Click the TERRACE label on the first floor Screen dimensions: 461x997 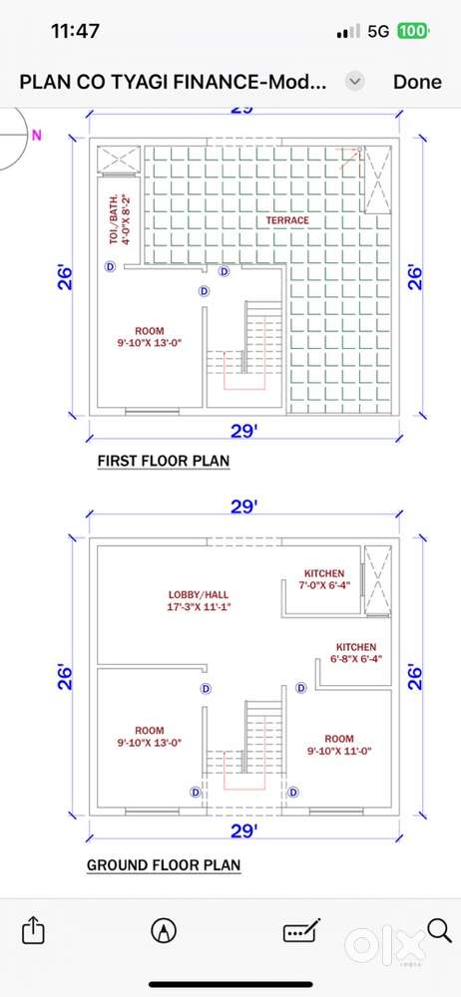(287, 220)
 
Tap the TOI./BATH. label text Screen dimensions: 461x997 (114, 219)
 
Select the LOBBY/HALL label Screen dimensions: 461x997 (198, 595)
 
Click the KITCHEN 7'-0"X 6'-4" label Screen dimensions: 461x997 (323, 579)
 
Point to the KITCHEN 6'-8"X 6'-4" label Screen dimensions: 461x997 (356, 653)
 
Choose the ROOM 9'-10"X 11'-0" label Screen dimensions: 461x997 (338, 745)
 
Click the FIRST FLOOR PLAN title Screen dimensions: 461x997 (163, 461)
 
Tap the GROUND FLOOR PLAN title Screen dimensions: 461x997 (164, 865)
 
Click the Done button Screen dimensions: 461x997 (417, 82)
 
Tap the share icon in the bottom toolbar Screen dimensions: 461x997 (34, 931)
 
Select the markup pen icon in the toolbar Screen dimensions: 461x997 (164, 931)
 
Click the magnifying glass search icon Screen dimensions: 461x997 (439, 930)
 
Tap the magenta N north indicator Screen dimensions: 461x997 (37, 135)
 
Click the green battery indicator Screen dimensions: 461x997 (413, 31)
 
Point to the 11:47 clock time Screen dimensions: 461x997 (75, 31)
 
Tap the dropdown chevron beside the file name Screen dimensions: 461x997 (355, 82)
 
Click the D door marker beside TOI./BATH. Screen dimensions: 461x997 (110, 267)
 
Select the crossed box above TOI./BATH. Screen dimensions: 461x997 (119, 158)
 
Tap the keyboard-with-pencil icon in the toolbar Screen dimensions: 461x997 (301, 931)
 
